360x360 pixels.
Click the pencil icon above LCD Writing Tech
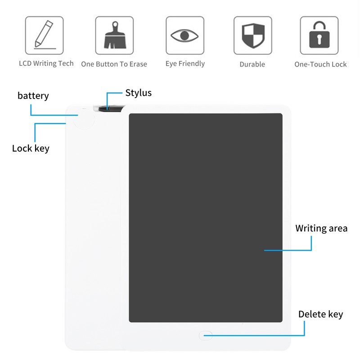(x=44, y=35)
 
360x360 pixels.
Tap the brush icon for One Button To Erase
(x=115, y=35)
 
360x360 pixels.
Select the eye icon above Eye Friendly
(x=184, y=36)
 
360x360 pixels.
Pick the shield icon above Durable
(x=253, y=36)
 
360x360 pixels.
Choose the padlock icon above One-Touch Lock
(x=319, y=35)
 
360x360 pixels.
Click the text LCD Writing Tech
(x=46, y=63)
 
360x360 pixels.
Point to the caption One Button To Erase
(x=114, y=64)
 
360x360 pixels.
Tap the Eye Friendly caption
(x=185, y=63)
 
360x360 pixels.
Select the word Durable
(x=252, y=64)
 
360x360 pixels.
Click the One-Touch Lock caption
(x=320, y=64)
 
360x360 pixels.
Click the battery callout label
(x=33, y=96)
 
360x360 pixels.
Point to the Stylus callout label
(x=139, y=93)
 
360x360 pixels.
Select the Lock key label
(x=31, y=148)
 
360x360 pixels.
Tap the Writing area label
(x=321, y=229)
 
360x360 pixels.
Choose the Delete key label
(x=321, y=314)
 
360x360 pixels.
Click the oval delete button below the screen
(x=206, y=335)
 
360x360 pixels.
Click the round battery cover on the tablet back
(x=84, y=119)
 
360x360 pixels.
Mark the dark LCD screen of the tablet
(x=206, y=218)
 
